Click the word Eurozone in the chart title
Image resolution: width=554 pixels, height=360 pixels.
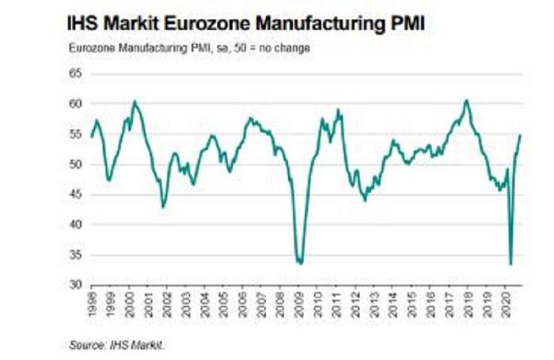(x=197, y=24)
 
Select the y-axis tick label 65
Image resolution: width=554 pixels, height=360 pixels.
(x=76, y=74)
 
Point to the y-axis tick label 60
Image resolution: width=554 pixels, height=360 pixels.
(x=76, y=104)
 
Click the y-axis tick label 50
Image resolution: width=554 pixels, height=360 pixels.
(x=76, y=165)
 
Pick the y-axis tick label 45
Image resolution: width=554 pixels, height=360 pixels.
(x=76, y=195)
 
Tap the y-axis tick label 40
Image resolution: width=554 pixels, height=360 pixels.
(x=76, y=225)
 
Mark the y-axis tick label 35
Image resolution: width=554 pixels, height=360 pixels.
(x=76, y=255)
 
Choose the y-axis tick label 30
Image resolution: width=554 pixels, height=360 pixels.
(x=76, y=285)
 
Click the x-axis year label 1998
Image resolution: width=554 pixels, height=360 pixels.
(x=93, y=303)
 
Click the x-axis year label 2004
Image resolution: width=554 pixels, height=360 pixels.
(x=205, y=303)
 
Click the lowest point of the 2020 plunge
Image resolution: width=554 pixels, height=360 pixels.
(x=510, y=264)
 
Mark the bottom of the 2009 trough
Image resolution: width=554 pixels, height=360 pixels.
(x=299, y=263)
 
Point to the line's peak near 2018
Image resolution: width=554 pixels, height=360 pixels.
(x=467, y=100)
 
